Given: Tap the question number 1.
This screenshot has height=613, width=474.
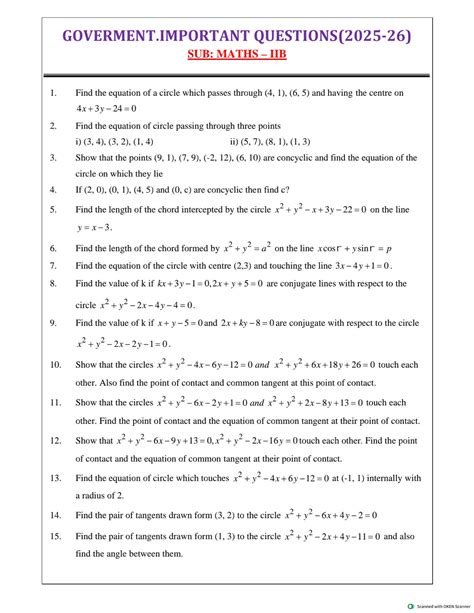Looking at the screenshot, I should (x=51, y=93).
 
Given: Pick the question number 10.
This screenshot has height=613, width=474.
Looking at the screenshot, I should (x=55, y=365).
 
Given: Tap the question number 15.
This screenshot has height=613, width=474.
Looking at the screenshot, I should (x=55, y=536).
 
